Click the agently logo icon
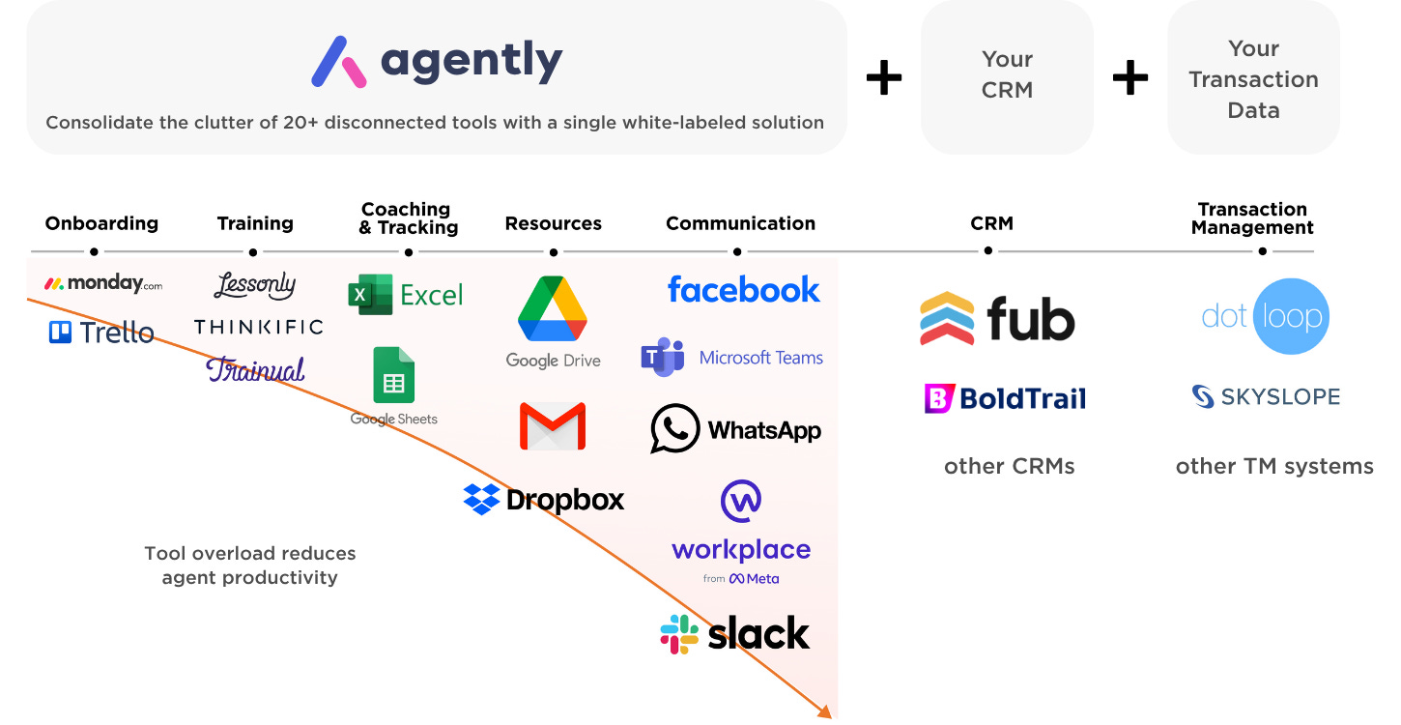tap(339, 62)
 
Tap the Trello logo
tap(101, 333)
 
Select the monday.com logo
tap(103, 283)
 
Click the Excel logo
tap(406, 294)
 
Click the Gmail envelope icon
tap(553, 426)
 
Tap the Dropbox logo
tap(544, 499)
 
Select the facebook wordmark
tap(743, 289)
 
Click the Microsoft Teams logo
tap(731, 358)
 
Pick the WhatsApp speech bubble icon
tap(674, 428)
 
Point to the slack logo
tap(735, 634)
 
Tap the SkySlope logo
tap(1266, 396)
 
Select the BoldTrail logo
tap(1005, 398)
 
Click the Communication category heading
tap(740, 223)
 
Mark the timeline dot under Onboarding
tap(94, 252)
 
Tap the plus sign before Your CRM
tap(883, 77)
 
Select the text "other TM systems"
tap(1273, 466)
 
